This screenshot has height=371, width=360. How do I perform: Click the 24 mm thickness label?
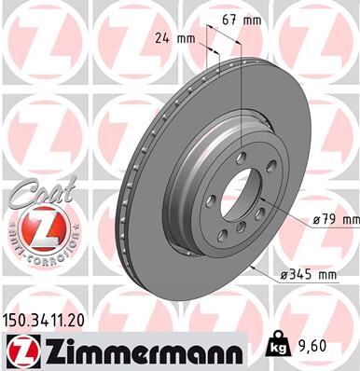coord(172,39)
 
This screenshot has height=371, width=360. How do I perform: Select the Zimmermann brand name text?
coord(136,351)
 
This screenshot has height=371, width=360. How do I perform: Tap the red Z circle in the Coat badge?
coord(34,226)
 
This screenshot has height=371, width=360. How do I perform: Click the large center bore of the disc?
coord(245,197)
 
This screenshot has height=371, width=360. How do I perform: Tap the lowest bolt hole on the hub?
coord(241,239)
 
